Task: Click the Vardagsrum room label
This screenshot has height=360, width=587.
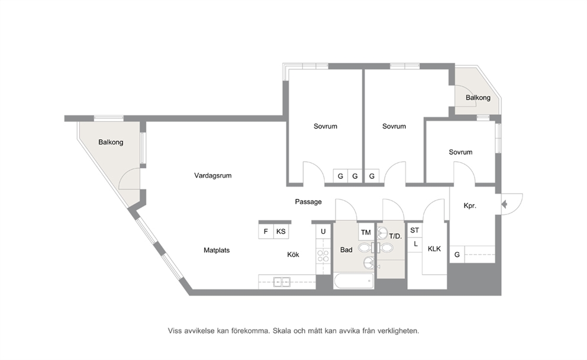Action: click(212, 175)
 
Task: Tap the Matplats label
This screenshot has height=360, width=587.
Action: click(217, 250)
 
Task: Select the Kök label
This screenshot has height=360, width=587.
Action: click(293, 255)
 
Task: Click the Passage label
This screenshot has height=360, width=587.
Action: click(308, 202)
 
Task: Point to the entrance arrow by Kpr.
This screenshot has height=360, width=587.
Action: click(504, 204)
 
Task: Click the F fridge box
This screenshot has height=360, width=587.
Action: click(266, 232)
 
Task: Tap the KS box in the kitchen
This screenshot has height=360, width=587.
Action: click(280, 232)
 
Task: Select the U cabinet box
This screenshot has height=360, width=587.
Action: click(323, 232)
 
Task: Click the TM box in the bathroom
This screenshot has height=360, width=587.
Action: click(366, 233)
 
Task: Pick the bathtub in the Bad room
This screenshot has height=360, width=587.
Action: click(354, 281)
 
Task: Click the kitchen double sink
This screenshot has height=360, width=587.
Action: click(282, 282)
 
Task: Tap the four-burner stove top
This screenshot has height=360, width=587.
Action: click(323, 256)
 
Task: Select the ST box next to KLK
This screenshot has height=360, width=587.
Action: click(414, 230)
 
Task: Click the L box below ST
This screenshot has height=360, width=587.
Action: click(415, 245)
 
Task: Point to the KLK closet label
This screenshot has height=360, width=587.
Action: click(434, 249)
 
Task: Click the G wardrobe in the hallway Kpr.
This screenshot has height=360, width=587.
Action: click(457, 255)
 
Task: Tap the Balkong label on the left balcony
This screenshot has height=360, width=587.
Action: click(111, 142)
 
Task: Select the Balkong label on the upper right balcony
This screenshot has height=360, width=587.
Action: click(478, 98)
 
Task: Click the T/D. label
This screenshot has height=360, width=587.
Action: click(395, 236)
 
